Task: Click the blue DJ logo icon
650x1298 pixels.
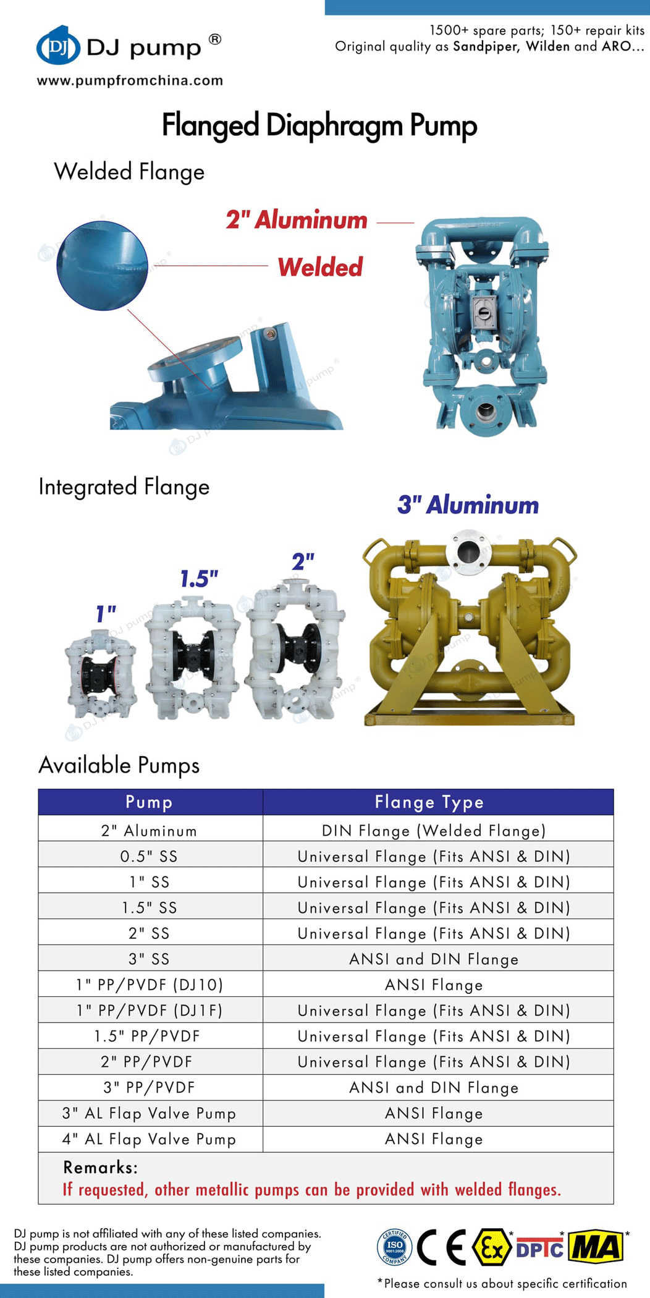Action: click(x=58, y=45)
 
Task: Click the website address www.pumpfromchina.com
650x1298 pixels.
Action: click(x=130, y=80)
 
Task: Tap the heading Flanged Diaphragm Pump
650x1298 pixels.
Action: click(x=319, y=125)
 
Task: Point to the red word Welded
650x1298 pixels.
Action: click(x=320, y=267)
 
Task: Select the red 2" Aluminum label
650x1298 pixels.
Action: click(x=297, y=219)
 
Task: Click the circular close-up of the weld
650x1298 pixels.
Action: click(x=102, y=265)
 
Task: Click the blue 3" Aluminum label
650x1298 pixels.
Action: click(x=468, y=505)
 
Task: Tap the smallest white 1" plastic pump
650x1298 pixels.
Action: click(x=100, y=674)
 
